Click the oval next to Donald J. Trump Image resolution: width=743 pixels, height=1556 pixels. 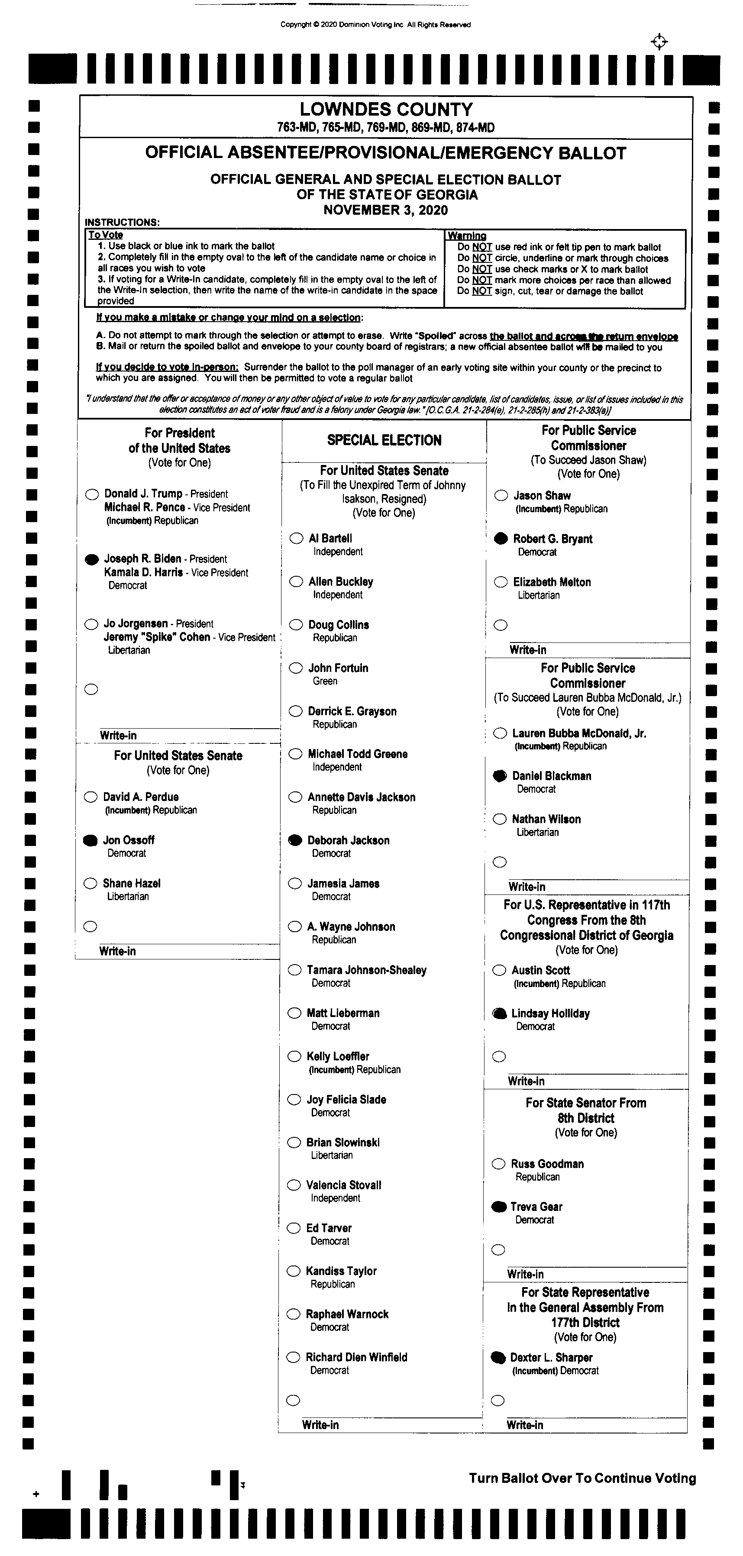click(92, 495)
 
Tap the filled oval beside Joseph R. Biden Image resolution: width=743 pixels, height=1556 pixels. click(92, 560)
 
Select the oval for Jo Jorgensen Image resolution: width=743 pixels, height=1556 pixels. click(91, 624)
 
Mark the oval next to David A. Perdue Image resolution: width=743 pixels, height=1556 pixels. click(90, 797)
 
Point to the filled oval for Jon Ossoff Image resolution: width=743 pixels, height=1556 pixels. click(90, 840)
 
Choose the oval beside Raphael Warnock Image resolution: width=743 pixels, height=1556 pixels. click(294, 1314)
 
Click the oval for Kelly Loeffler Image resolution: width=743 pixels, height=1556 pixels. click(294, 1056)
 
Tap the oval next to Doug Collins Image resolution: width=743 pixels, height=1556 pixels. click(296, 625)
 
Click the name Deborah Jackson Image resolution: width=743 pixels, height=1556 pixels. click(348, 840)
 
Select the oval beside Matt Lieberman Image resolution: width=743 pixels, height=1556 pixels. click(294, 1013)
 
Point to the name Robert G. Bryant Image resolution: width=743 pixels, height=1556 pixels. click(553, 539)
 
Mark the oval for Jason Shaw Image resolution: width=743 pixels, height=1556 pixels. click(501, 496)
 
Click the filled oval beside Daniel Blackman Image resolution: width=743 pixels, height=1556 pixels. click(500, 776)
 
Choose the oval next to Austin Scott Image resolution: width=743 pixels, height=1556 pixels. click(499, 970)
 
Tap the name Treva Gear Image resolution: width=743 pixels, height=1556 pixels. click(536, 1207)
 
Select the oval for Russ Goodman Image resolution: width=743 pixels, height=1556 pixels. click(498, 1164)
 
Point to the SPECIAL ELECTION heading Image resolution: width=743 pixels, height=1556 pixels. click(384, 440)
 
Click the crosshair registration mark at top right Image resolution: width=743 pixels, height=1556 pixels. click(659, 42)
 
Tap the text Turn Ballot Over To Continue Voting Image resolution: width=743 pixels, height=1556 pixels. click(582, 1478)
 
